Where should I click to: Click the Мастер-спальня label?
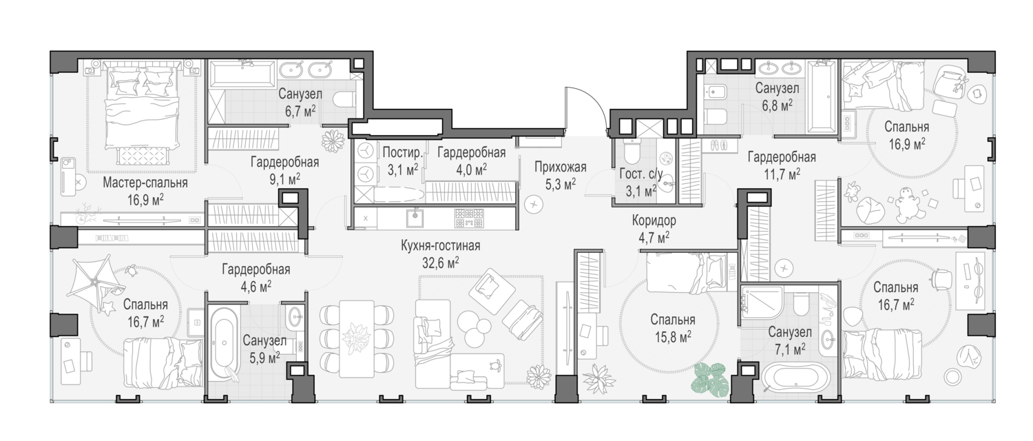pyautogui.click(x=145, y=183)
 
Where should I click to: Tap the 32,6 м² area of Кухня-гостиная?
pyautogui.click(x=441, y=263)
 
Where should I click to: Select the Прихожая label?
pyautogui.click(x=561, y=167)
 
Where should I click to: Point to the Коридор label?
pyautogui.click(x=654, y=220)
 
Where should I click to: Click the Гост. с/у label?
pyautogui.click(x=641, y=174)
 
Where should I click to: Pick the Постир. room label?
pyautogui.click(x=403, y=153)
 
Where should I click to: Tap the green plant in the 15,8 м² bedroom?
pyautogui.click(x=710, y=380)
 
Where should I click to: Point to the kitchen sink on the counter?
pyautogui.click(x=415, y=218)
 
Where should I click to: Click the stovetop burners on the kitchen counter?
pyautogui.click(x=470, y=218)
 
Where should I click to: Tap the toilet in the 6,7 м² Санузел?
pyautogui.click(x=344, y=99)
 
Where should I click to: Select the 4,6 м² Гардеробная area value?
pyautogui.click(x=256, y=286)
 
